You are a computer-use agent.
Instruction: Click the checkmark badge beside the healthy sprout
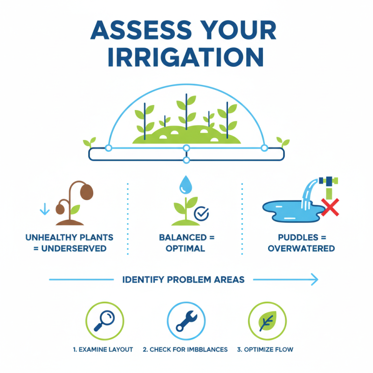[x=201, y=214]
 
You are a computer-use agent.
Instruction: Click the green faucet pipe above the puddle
[x=328, y=186]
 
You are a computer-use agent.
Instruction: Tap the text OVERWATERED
[x=301, y=249]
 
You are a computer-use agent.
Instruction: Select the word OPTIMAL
[x=186, y=249]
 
